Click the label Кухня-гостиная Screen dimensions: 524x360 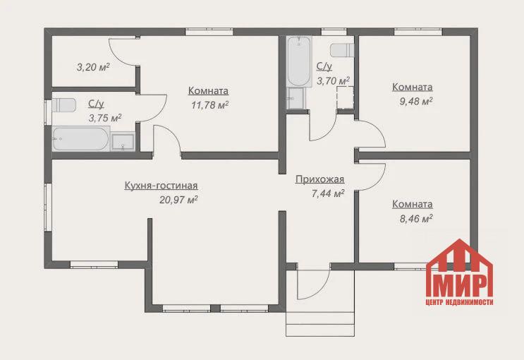[x=161, y=186]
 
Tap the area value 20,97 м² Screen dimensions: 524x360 [x=179, y=200]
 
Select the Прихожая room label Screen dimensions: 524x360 [x=319, y=180]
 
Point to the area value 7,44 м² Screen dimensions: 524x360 [x=328, y=193]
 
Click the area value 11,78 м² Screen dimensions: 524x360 [x=210, y=105]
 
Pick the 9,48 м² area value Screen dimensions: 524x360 [x=416, y=101]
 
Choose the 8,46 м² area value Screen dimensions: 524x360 [x=416, y=219]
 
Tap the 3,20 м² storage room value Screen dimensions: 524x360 [x=93, y=67]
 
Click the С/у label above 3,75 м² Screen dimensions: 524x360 [x=96, y=104]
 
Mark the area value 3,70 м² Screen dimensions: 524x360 [x=333, y=80]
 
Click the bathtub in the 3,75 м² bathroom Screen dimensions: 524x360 [x=80, y=138]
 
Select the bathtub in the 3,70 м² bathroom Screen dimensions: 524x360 [x=299, y=61]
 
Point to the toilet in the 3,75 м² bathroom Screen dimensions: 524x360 [x=64, y=105]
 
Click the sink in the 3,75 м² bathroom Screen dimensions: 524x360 [x=123, y=142]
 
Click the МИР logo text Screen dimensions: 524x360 [x=460, y=285]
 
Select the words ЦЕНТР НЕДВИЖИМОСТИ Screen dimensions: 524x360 [x=460, y=302]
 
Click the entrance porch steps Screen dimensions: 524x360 [x=320, y=324]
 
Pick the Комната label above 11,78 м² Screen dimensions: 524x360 [x=208, y=90]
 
